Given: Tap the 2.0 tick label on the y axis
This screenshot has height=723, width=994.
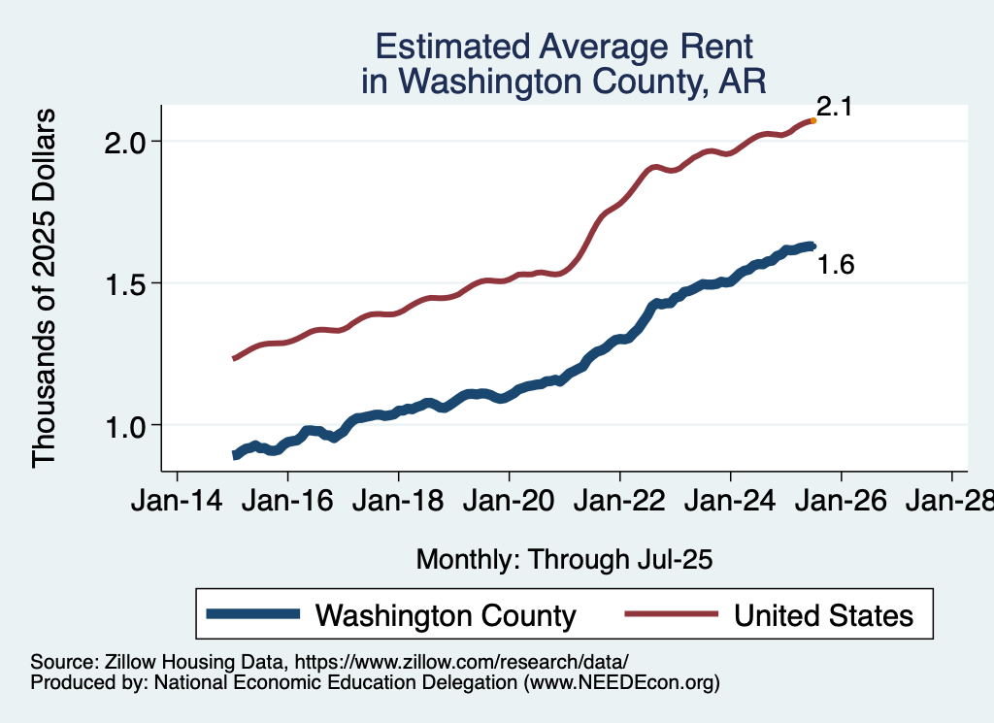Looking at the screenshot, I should [x=123, y=142].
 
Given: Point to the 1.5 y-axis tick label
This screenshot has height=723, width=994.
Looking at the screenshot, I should [x=123, y=283].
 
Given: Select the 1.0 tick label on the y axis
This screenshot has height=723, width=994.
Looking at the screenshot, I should [x=123, y=425].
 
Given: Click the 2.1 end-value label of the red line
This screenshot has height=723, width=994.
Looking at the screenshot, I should [x=834, y=107].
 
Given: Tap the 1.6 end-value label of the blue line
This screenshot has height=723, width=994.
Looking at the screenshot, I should [x=836, y=264].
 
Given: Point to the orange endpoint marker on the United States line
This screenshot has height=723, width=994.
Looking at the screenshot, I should [x=813, y=120].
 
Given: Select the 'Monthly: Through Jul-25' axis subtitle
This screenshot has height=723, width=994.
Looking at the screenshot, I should [x=564, y=559].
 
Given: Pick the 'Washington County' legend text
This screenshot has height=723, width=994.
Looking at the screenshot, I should [x=447, y=615].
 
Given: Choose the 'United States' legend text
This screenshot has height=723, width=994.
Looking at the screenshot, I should [x=823, y=615].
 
